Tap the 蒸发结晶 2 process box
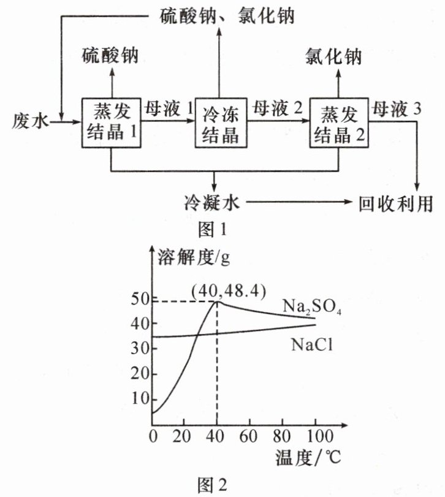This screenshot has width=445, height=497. (339, 123)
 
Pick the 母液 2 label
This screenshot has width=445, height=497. (278, 110)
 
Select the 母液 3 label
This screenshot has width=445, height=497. (397, 110)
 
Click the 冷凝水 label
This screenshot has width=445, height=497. (212, 203)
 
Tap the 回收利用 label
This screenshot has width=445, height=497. (395, 203)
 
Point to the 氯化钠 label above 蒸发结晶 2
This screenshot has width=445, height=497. (333, 57)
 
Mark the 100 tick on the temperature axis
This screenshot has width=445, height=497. (314, 436)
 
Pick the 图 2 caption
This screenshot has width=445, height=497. (213, 485)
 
